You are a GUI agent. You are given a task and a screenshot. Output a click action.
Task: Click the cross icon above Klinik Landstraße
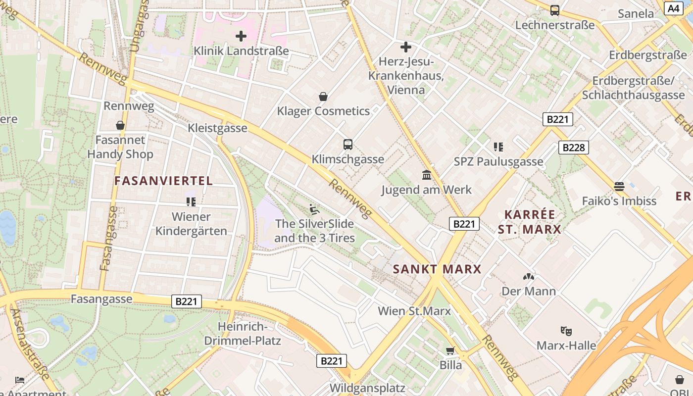coord(241,36)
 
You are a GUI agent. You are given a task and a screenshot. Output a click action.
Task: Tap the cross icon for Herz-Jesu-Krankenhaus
coord(405,47)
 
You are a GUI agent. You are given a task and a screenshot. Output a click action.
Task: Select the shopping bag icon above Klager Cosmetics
coord(323,97)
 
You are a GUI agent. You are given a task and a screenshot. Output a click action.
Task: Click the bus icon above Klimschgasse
coord(348,145)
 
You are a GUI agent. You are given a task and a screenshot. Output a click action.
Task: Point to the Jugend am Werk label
coord(426,190)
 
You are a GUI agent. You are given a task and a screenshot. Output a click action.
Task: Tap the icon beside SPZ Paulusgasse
coord(498,147)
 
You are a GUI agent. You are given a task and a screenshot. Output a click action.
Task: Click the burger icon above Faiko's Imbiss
coord(619,186)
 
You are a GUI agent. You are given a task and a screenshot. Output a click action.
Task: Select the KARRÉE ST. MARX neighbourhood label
coord(530,222)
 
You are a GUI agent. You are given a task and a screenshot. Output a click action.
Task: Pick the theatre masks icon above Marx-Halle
coord(566,331)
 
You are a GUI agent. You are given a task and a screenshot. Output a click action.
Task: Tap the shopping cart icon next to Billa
coord(450,351)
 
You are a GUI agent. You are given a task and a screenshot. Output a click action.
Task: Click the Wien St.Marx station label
coord(414,311)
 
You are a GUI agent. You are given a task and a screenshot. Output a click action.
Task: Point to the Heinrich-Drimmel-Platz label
coord(243,334)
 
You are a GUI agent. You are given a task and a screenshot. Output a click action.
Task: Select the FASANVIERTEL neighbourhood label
coord(164,181)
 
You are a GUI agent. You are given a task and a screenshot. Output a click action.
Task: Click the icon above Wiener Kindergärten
coord(191,201)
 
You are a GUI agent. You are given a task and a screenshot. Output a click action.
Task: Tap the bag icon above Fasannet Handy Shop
coord(120,125)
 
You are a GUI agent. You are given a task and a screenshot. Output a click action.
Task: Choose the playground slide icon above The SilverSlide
coord(314,209)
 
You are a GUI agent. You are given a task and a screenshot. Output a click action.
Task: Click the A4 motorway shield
coord(673,8)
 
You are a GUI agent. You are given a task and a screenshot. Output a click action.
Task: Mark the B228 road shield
coord(574,147)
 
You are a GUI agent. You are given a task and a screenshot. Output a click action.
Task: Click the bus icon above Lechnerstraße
coord(555,10)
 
